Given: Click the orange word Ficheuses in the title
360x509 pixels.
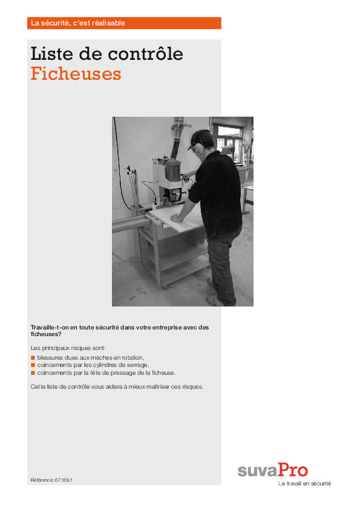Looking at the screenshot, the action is [x=76, y=74].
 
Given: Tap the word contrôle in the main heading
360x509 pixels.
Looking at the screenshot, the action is [x=145, y=54].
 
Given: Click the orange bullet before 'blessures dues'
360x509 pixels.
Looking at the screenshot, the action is [x=33, y=358].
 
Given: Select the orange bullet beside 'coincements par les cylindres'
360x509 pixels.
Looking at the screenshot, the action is [x=33, y=365].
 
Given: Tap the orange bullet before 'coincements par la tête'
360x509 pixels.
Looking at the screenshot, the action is [x=33, y=373].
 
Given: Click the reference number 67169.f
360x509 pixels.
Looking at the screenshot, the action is [x=64, y=480].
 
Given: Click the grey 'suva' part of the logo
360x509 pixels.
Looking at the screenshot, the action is [x=257, y=471].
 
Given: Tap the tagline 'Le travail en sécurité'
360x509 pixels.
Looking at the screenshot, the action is [x=304, y=484].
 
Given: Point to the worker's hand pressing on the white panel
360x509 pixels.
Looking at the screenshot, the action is [x=177, y=218].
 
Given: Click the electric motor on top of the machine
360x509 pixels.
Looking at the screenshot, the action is [x=172, y=170].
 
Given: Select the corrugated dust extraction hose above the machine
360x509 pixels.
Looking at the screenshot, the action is [x=175, y=146].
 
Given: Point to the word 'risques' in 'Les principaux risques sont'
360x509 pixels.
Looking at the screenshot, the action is [x=80, y=348].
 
